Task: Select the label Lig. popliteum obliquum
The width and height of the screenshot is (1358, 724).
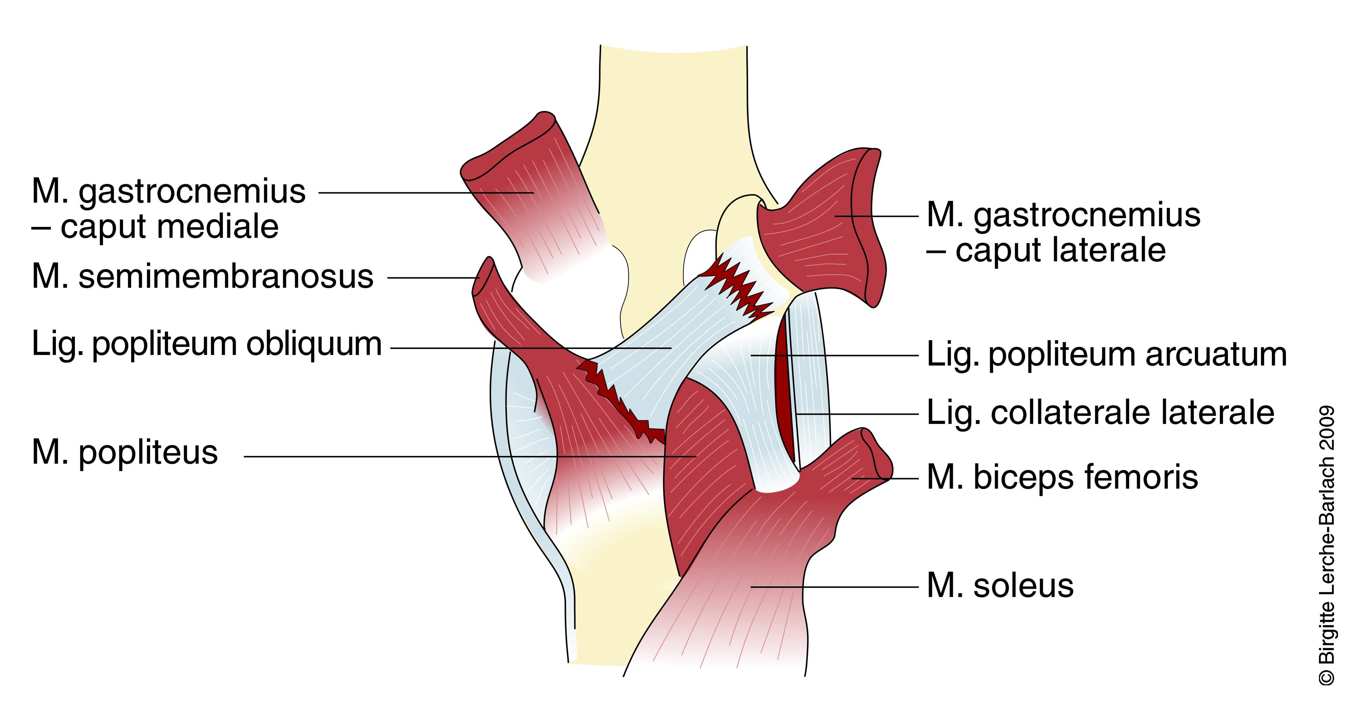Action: pyautogui.click(x=207, y=344)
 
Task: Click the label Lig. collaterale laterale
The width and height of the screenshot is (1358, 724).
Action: pyautogui.click(x=1100, y=413)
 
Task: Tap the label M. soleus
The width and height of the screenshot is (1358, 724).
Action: pyautogui.click(x=1000, y=586)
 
